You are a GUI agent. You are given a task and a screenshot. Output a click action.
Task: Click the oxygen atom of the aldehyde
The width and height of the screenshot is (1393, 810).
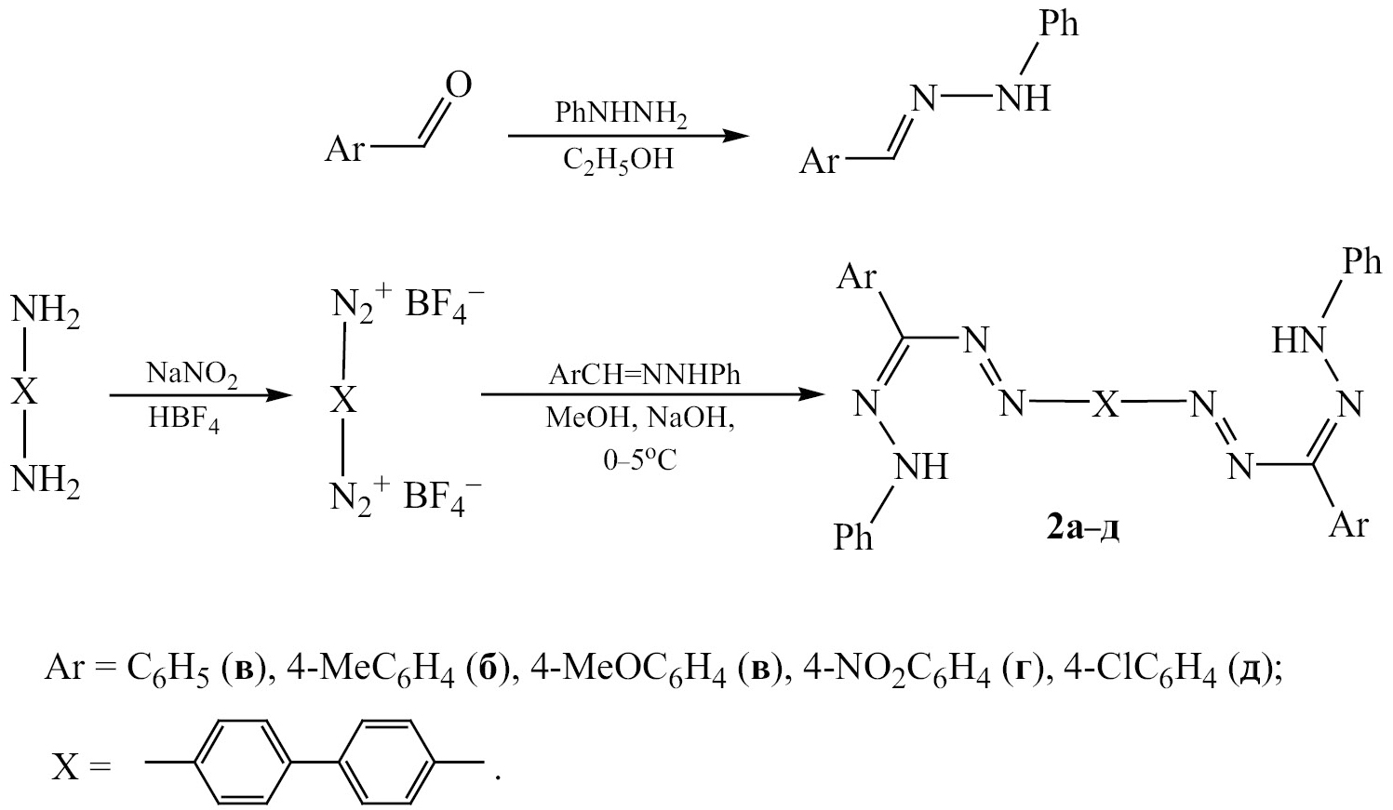point(459,86)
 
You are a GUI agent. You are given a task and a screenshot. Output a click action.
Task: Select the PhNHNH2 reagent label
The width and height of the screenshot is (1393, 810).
point(622,114)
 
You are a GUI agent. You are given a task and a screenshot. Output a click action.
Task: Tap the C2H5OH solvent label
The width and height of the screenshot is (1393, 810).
point(618,160)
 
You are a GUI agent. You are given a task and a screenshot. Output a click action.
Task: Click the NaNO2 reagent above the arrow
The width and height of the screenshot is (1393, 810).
point(193,376)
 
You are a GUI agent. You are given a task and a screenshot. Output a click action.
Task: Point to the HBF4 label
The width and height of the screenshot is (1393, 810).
point(183,419)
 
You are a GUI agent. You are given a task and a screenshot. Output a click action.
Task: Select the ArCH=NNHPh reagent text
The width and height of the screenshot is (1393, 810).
point(644,375)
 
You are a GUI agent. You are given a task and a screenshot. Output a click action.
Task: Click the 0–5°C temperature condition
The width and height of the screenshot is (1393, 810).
point(639,460)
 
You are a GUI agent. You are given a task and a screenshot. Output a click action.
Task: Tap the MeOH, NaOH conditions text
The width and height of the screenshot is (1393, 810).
point(640,418)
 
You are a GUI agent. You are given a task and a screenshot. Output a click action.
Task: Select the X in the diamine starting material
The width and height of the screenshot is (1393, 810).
point(25,392)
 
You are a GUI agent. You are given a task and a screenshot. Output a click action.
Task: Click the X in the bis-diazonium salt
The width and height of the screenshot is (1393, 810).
point(343,400)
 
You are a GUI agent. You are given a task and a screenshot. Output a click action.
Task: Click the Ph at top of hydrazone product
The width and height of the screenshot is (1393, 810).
point(1058,23)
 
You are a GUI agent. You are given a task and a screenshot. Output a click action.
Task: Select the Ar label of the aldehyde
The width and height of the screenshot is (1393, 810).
point(343,149)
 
